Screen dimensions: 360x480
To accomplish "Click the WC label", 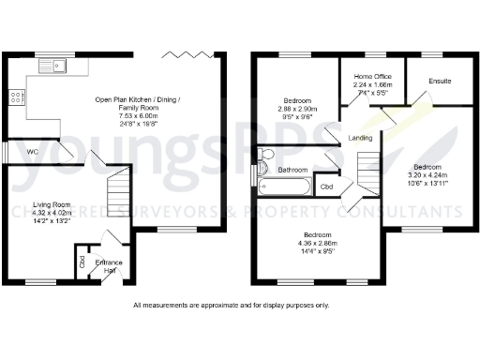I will coord(32,151).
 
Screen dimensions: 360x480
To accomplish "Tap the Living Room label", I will coord(53,204).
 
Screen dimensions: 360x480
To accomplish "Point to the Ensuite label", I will coord(440,82).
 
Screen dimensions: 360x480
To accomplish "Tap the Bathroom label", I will coord(293,170).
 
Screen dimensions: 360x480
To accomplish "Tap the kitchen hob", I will coord(16,96).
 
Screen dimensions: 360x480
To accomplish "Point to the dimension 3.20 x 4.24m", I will coord(427,175).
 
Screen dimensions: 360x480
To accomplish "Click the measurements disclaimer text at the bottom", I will coord(231,305).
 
